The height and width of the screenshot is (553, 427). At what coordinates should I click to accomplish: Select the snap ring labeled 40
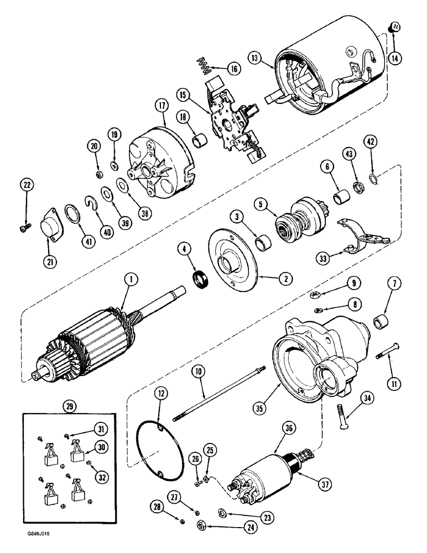(x=93, y=204)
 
